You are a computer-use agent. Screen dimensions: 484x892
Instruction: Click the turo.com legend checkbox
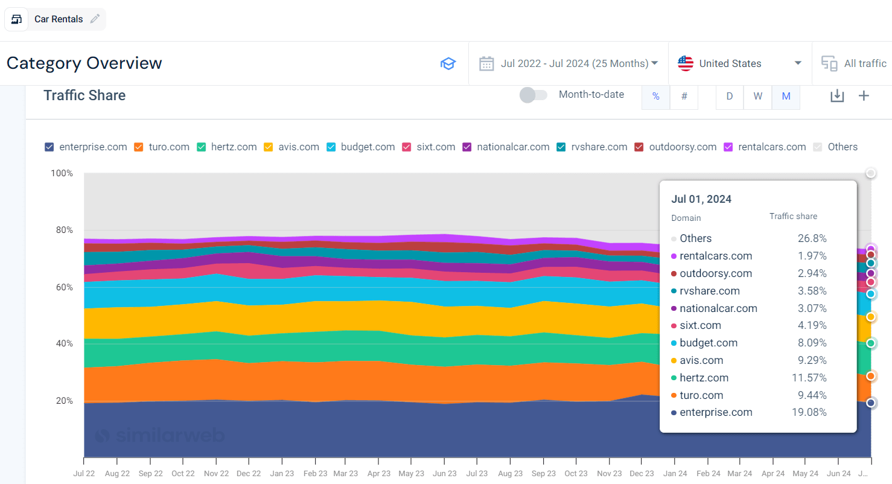138,147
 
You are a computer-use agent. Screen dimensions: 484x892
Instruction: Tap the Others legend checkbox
818,147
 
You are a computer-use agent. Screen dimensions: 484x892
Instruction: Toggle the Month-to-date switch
534,95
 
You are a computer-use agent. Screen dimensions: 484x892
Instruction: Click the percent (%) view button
655,96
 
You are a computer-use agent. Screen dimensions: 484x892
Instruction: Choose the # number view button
684,96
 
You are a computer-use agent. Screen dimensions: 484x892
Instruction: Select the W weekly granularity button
757,96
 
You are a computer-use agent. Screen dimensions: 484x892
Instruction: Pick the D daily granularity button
730,96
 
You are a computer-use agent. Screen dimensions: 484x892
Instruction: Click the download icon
836,95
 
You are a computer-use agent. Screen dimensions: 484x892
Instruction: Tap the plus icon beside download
864,95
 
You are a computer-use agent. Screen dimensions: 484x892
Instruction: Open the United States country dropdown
739,63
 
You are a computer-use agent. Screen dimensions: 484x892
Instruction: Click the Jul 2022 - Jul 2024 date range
574,63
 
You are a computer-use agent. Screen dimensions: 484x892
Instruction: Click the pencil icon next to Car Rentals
95,19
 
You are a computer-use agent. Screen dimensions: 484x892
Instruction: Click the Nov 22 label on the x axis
215,474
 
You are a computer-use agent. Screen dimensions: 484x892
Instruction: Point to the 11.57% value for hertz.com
809,378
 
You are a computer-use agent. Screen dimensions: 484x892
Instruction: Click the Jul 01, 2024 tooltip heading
701,199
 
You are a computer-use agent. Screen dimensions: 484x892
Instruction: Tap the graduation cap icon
448,63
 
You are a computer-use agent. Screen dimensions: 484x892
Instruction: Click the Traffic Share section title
84,95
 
